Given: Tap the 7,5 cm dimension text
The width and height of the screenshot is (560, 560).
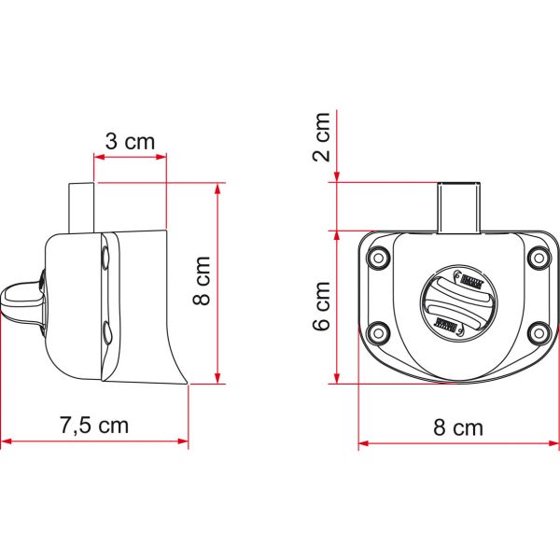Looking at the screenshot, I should pyautogui.click(x=94, y=426).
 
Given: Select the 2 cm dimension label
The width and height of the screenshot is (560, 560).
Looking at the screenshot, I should pyautogui.click(x=321, y=136).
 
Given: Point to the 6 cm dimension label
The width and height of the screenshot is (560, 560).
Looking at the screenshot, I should pyautogui.click(x=321, y=306).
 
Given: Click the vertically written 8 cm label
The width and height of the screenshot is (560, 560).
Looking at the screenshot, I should pyautogui.click(x=203, y=282).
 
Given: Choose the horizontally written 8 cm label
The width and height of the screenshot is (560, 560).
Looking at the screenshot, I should pyautogui.click(x=459, y=427).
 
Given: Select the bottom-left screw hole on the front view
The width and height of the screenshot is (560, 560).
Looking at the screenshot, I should pyautogui.click(x=379, y=330).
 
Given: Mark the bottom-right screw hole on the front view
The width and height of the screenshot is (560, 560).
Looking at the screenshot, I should pyautogui.click(x=537, y=330).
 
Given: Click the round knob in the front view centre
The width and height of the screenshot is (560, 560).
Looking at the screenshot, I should pyautogui.click(x=457, y=301).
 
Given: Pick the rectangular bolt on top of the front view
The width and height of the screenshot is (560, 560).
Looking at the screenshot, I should pyautogui.click(x=457, y=206).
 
